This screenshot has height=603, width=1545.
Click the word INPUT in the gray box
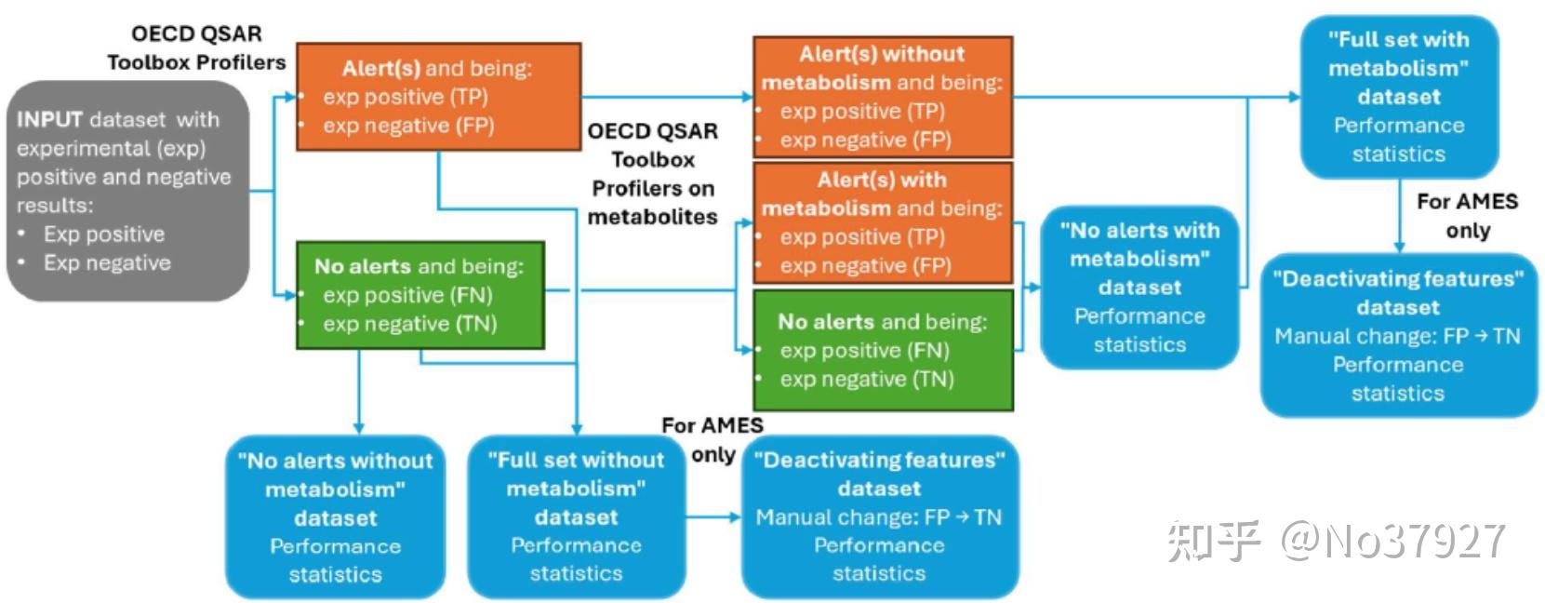coord(50,120)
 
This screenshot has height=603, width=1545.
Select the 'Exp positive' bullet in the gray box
coord(103,234)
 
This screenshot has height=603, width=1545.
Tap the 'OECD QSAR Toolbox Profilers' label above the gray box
coord(196,48)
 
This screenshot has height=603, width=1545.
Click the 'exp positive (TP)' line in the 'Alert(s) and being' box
coord(405,97)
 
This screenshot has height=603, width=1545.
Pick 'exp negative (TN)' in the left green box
coord(409,324)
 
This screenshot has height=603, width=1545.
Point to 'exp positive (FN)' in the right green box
coord(864,351)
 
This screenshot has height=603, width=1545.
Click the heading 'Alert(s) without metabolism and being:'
coord(882,68)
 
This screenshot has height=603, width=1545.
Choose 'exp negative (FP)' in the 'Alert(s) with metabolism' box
coord(865,266)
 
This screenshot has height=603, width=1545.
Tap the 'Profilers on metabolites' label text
coord(653,202)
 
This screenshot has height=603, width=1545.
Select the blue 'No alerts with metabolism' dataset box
coord(1139,287)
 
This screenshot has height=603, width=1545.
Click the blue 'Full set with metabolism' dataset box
coord(1398,97)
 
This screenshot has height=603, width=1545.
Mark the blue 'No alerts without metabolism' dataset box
coord(335,516)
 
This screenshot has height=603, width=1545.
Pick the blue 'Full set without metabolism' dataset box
coord(576,516)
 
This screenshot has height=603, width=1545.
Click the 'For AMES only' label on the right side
coord(1467,216)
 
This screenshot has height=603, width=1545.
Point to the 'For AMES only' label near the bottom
coord(713,439)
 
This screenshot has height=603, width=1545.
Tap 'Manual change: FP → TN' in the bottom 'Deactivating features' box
coord(878,517)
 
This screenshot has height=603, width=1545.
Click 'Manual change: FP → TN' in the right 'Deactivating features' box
coord(1397,336)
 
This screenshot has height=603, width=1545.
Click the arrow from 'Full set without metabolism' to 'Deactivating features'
coord(713,517)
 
